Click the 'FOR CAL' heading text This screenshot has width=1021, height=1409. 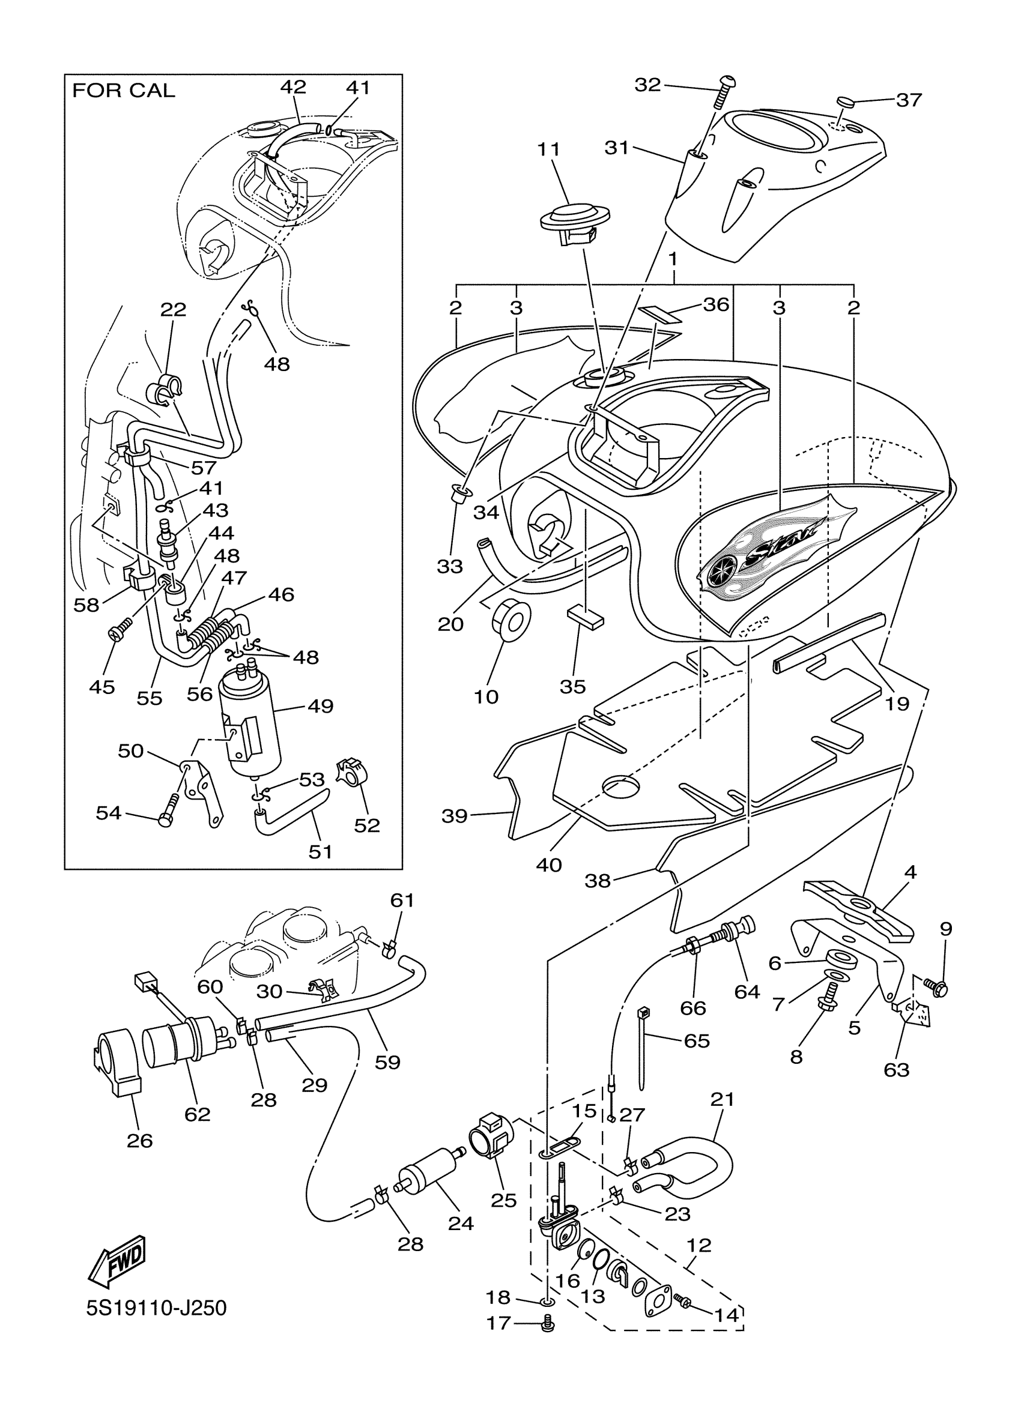point(124,91)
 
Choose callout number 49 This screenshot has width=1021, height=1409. point(320,706)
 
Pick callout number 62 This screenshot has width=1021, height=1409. point(197,1114)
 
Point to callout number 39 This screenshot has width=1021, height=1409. point(454,815)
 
